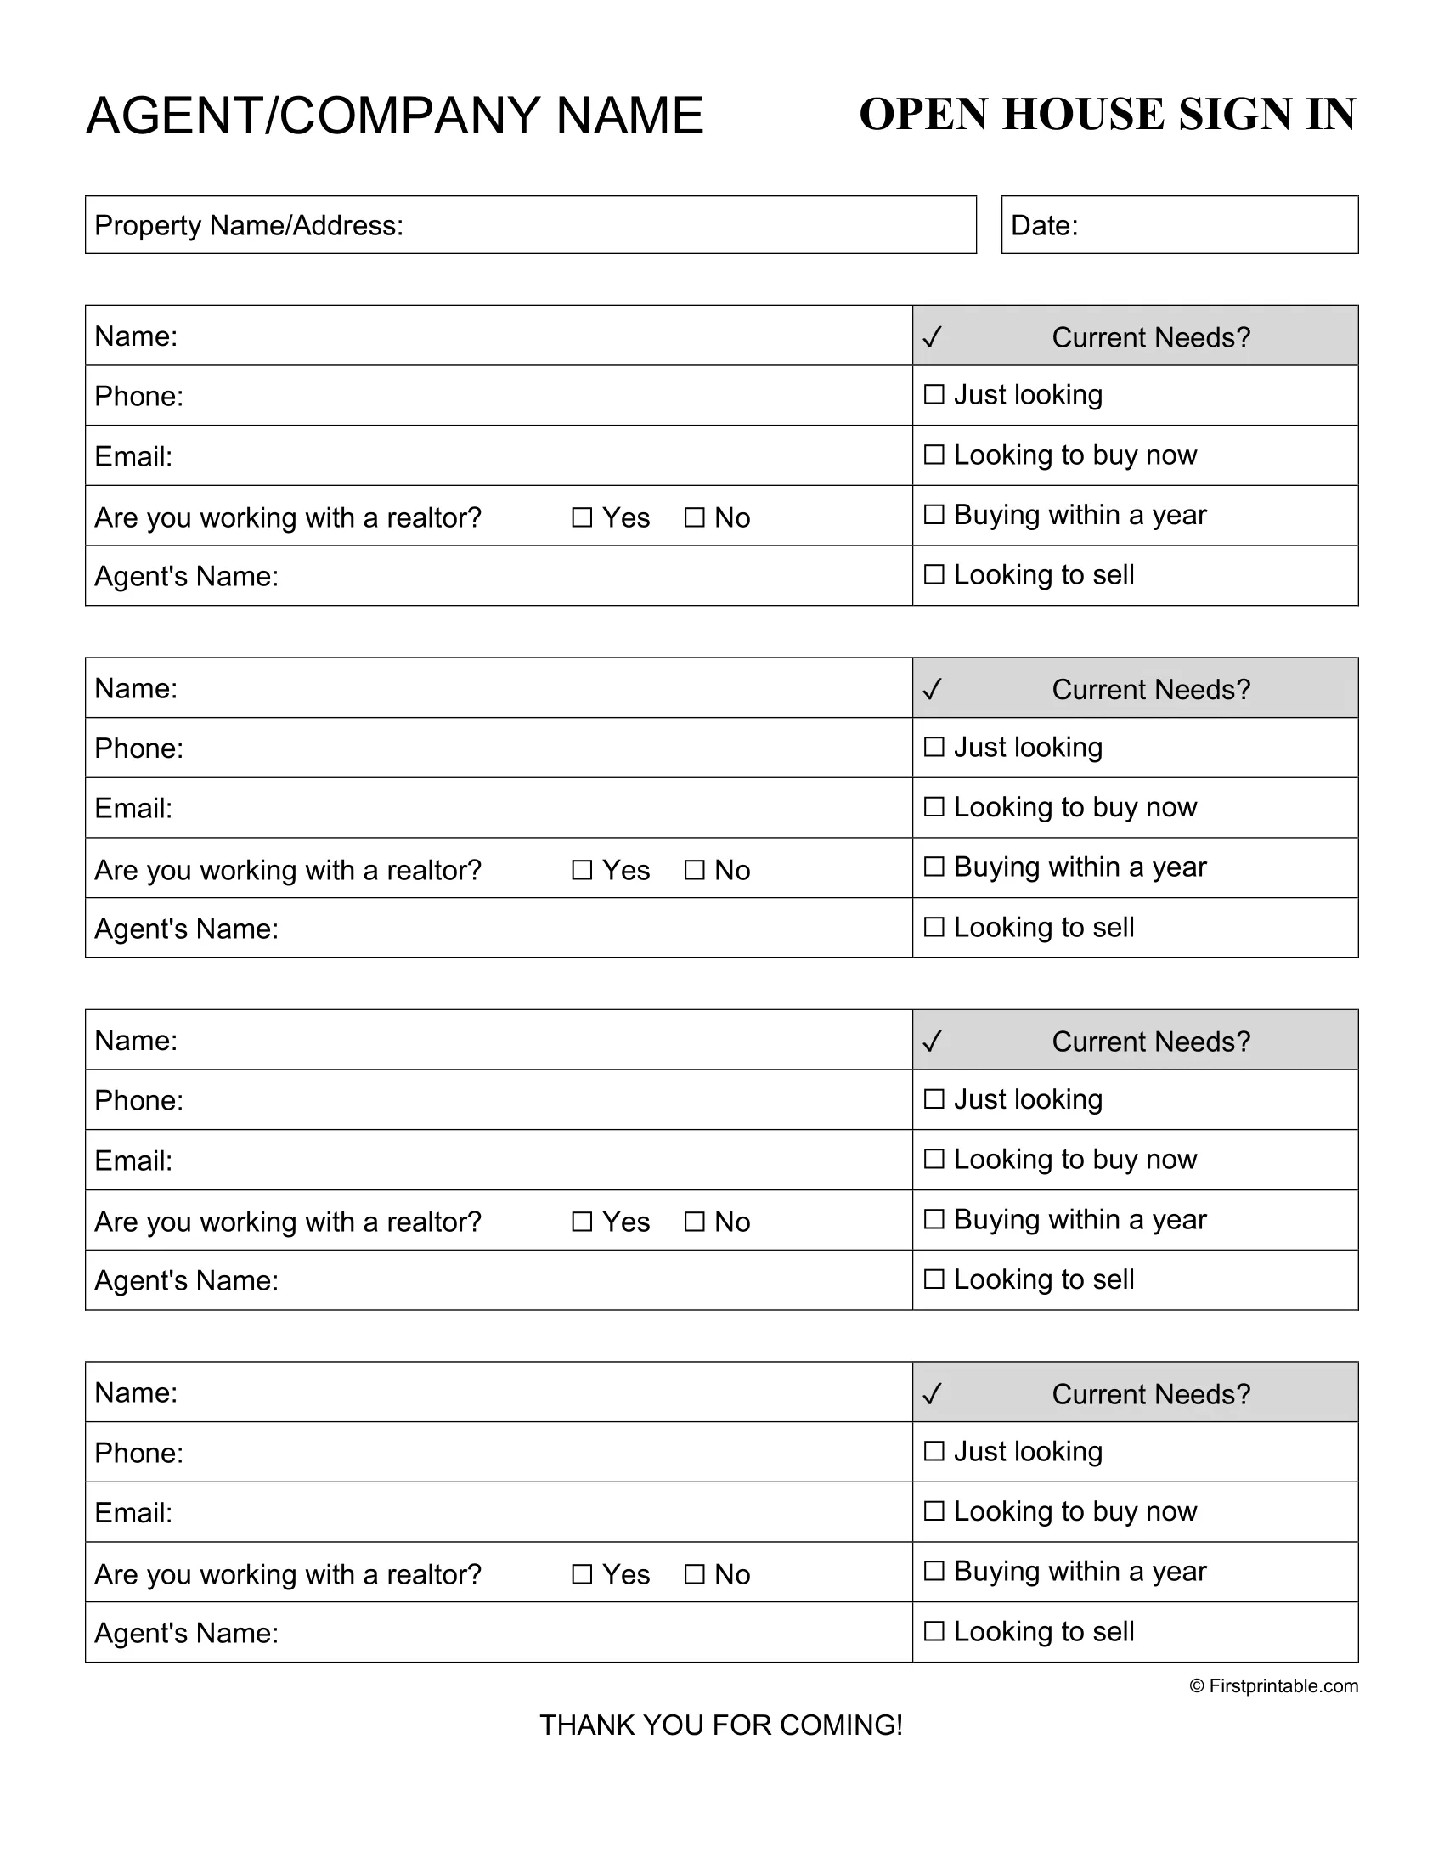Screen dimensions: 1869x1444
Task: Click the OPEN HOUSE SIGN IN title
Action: click(1107, 115)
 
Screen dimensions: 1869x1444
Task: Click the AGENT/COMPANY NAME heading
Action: click(394, 116)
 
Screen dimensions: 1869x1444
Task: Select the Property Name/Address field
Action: click(530, 225)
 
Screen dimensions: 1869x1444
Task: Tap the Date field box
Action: click(1179, 225)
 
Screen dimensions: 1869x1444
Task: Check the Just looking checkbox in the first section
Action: click(934, 394)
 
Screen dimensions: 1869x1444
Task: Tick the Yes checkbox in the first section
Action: click(582, 517)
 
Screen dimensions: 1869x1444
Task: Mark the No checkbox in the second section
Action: click(695, 870)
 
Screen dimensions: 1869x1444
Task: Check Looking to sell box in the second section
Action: click(934, 927)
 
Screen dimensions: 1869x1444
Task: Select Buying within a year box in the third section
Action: click(934, 1218)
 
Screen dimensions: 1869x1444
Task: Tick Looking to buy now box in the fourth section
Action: click(934, 1511)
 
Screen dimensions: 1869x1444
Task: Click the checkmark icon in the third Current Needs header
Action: click(933, 1042)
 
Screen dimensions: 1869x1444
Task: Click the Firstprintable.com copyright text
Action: click(1273, 1685)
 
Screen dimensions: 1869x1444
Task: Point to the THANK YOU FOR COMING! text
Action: click(721, 1725)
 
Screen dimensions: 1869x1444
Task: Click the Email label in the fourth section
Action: click(133, 1513)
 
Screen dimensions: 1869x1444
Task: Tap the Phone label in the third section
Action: click(138, 1100)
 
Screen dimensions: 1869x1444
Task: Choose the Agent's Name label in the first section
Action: click(187, 577)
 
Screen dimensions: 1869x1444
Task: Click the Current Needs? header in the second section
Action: click(1151, 690)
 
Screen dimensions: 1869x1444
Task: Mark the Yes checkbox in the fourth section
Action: click(582, 1574)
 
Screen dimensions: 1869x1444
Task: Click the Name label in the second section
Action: click(136, 688)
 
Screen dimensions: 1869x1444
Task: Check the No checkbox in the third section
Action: click(695, 1222)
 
